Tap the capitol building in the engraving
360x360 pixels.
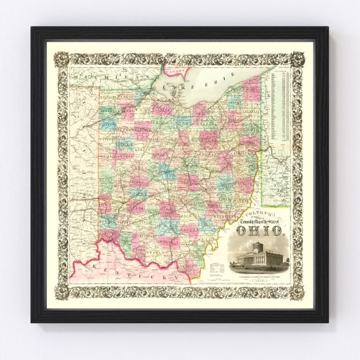click(x=258, y=255)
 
